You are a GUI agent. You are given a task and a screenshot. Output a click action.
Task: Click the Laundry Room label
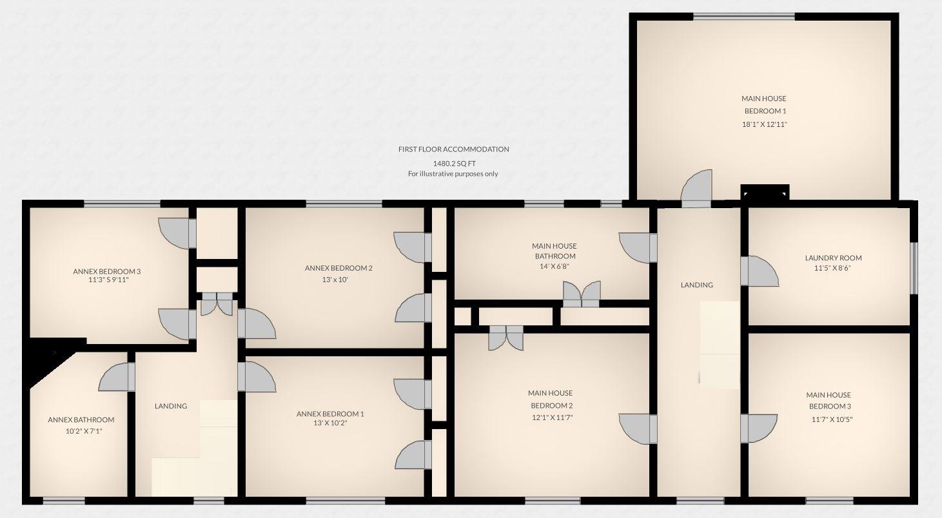(833, 258)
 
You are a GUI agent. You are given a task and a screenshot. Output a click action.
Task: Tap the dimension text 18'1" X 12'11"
(764, 124)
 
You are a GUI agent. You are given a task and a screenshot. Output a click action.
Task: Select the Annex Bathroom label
(81, 419)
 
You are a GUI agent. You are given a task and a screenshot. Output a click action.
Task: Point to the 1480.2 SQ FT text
(454, 163)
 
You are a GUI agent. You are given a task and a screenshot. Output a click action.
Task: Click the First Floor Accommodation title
(453, 149)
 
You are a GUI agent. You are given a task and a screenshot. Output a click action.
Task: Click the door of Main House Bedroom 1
(697, 187)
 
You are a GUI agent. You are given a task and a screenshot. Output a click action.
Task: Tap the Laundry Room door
(759, 271)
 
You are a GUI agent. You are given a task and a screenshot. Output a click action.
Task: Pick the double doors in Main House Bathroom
(582, 294)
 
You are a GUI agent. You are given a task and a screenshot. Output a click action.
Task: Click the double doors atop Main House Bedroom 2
(506, 338)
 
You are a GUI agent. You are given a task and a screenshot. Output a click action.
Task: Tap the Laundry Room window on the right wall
(913, 267)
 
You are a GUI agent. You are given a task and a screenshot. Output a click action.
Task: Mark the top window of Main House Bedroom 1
(743, 17)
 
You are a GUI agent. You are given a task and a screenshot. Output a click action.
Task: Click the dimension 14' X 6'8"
(554, 266)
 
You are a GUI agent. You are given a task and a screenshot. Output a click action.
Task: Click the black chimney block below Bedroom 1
(765, 192)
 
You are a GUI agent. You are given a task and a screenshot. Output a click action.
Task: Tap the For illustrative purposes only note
(453, 174)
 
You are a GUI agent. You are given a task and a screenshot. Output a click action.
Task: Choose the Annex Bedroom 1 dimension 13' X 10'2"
(330, 423)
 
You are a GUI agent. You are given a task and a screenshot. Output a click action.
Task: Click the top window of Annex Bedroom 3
(122, 204)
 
